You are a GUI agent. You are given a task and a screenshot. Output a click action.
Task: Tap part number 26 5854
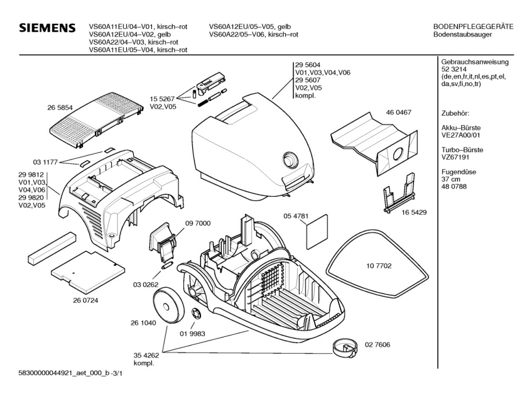(60, 108)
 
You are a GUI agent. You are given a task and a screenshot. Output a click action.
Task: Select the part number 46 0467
(398, 112)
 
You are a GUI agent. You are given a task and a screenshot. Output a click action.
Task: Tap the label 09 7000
(197, 224)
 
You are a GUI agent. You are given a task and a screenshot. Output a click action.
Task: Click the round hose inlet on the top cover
(290, 160)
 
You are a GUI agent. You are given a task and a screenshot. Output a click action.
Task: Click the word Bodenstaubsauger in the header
(463, 35)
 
